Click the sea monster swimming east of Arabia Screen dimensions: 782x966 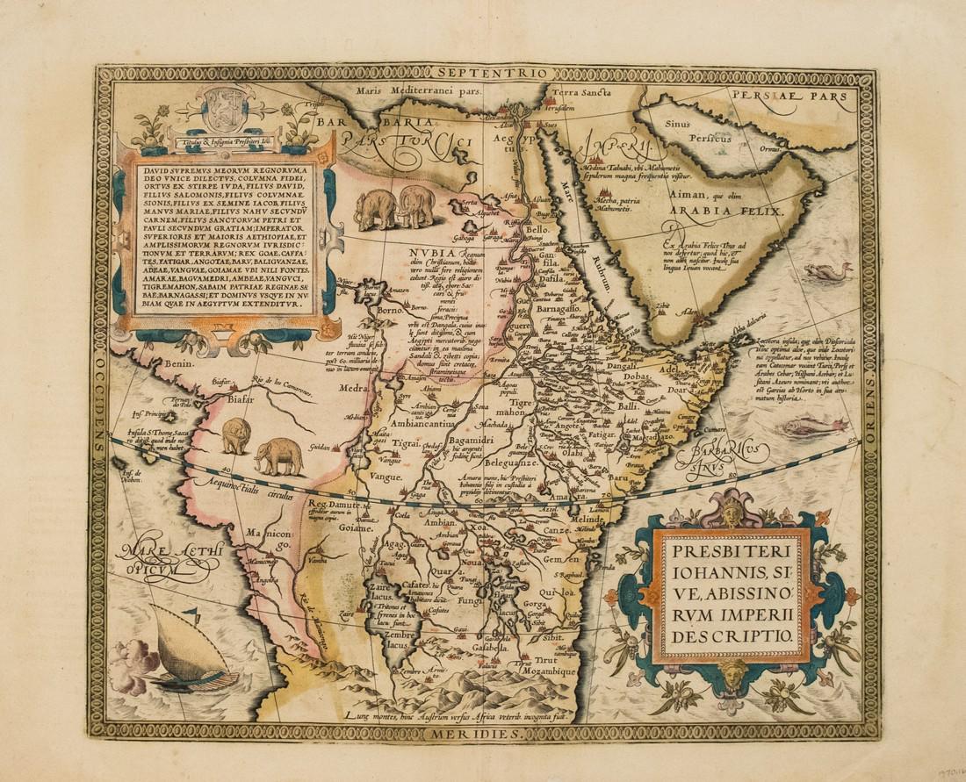828,272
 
